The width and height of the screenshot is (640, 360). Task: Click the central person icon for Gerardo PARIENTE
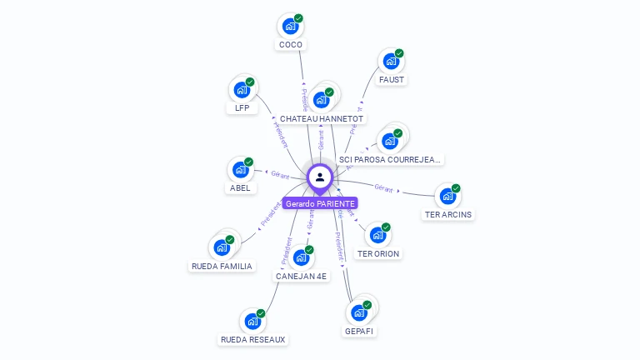pos(320,177)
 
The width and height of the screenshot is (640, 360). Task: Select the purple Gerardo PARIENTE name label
pos(320,203)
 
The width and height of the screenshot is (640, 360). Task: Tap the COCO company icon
pos(289,26)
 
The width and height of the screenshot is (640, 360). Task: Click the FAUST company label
pos(391,80)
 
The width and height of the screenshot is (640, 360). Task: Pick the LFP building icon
pos(241,90)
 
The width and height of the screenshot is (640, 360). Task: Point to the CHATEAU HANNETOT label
pos(322,119)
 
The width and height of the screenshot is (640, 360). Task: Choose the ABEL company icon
pos(240,169)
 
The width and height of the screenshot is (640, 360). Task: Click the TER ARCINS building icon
pos(447,197)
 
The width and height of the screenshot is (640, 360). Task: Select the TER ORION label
pos(378,253)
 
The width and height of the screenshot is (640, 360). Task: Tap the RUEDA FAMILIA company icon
pos(221,247)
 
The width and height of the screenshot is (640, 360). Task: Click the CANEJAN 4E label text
pos(302,276)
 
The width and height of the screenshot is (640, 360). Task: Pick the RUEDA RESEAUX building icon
pos(252,321)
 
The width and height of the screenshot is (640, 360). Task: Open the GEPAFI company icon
pos(359,312)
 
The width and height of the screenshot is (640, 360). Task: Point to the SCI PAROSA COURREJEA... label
pos(391,159)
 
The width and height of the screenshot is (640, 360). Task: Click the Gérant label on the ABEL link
pos(279,174)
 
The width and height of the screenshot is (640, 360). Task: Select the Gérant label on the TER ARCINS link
pos(383,188)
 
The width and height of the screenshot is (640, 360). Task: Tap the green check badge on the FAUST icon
pos(399,53)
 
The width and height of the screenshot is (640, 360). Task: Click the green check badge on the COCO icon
pos(298,18)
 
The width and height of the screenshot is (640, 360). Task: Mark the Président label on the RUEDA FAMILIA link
pos(272,214)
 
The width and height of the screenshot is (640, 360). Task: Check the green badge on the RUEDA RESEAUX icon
pos(261,313)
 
